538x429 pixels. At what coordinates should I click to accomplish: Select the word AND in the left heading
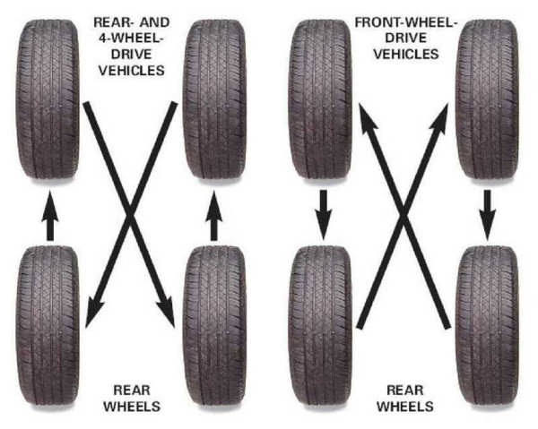(x=153, y=22)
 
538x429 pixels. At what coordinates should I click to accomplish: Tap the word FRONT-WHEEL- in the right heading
(x=406, y=22)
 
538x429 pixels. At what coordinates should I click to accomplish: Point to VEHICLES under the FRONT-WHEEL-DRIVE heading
(x=406, y=54)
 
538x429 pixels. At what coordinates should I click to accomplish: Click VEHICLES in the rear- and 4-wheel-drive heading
(x=132, y=70)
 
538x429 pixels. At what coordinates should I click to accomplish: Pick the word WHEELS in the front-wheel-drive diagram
(x=405, y=407)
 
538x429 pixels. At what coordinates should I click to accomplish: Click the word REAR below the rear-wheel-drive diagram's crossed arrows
(x=132, y=390)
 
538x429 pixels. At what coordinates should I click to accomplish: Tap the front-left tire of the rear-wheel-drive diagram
(x=48, y=99)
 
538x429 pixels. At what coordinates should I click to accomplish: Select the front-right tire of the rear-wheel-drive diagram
(x=215, y=99)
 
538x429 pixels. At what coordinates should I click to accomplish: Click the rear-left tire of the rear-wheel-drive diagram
(x=48, y=327)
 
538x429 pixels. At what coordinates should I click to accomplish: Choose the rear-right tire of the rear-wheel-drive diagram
(x=215, y=327)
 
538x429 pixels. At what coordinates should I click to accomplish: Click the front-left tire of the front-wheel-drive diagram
(x=320, y=99)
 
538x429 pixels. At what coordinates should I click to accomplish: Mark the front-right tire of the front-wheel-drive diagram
(x=487, y=99)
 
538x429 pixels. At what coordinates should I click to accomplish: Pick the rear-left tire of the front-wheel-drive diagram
(x=320, y=327)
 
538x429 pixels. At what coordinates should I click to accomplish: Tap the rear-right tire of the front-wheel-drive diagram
(x=487, y=327)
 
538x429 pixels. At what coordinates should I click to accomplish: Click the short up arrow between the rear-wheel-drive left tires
(x=50, y=216)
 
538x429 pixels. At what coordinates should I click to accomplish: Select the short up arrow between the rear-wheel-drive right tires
(x=214, y=216)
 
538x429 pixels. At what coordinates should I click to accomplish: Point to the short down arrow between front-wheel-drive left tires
(x=323, y=215)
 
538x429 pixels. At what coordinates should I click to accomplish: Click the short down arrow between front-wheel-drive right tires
(x=487, y=215)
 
